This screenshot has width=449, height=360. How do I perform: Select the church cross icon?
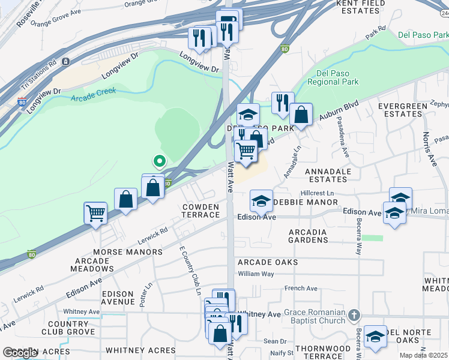354,314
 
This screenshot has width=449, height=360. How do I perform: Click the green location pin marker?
159,161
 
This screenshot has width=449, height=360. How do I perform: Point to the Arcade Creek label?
92,95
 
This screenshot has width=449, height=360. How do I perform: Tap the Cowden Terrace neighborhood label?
201,211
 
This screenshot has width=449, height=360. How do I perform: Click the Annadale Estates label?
328,175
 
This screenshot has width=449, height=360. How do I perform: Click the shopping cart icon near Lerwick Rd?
96,212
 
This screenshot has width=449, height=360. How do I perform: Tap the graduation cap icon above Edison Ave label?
261,201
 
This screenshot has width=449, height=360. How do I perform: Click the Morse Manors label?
127,252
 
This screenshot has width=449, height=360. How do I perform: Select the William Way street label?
256,274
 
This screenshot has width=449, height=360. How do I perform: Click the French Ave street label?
301,289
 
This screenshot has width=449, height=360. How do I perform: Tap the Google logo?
20,353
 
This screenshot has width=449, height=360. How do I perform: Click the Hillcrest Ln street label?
317,193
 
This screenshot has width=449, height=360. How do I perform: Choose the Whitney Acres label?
134,350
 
